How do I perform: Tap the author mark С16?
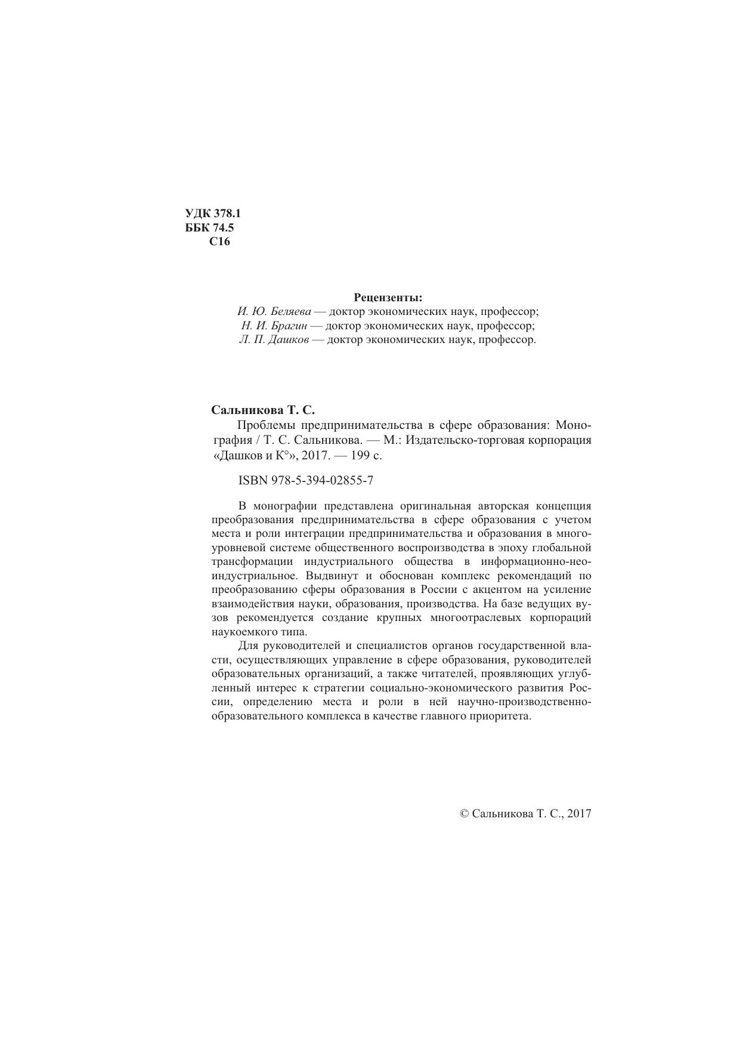point(219,242)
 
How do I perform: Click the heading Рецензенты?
point(388,297)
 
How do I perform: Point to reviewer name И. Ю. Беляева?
point(274,311)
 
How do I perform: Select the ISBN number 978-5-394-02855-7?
point(322,480)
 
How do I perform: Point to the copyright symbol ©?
point(465,813)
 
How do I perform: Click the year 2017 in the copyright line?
point(579,813)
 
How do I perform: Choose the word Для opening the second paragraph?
point(247,646)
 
